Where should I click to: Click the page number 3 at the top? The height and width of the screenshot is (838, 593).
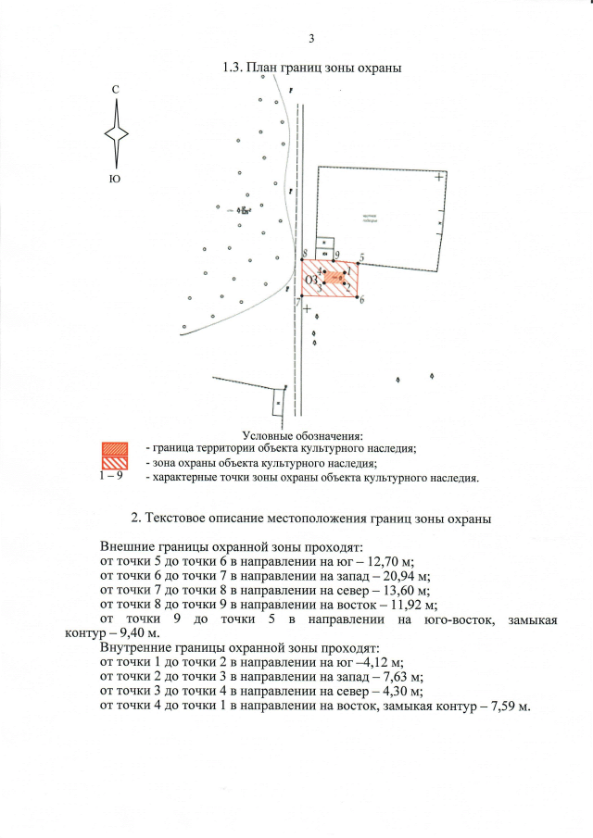(x=311, y=38)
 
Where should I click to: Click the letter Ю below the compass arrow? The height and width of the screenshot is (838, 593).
(x=114, y=178)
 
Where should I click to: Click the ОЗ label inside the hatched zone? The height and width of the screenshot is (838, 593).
(x=311, y=280)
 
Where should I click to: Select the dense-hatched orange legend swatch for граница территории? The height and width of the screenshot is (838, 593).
(x=114, y=448)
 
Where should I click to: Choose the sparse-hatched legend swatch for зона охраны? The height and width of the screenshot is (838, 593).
(x=114, y=463)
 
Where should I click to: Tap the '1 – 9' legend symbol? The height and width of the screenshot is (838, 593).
(x=110, y=477)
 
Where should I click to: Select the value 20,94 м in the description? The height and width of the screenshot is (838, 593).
(x=402, y=575)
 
